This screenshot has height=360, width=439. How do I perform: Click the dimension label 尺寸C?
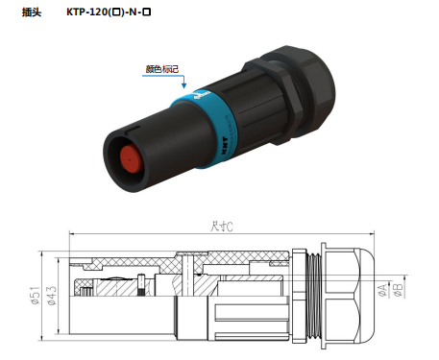coord(223,227)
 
